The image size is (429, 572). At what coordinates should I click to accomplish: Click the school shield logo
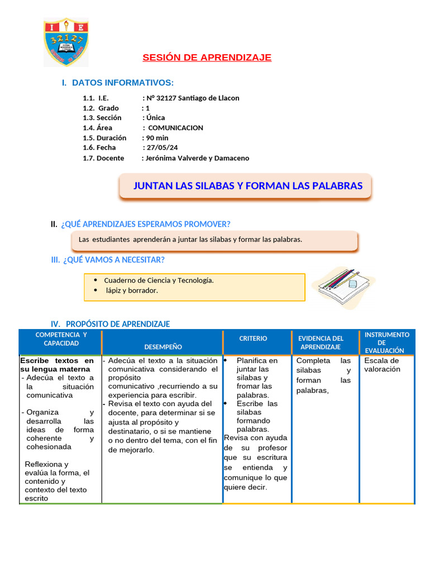[66, 42]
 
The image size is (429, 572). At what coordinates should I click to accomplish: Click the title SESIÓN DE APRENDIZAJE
[207, 58]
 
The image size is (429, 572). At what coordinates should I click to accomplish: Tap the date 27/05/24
[163, 147]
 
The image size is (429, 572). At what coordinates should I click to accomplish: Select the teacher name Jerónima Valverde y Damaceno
[197, 158]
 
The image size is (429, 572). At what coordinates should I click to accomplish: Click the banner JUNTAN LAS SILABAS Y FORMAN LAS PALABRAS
[247, 186]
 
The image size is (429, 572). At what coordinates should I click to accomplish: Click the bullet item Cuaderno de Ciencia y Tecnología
[159, 280]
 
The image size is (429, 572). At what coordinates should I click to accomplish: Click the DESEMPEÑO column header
[163, 347]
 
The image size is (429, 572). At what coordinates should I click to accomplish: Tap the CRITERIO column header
[253, 339]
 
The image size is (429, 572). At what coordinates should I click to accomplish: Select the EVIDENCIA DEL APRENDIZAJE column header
[321, 342]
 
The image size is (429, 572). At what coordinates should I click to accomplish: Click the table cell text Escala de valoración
[382, 365]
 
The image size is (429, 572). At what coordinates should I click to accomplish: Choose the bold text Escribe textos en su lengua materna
[56, 365]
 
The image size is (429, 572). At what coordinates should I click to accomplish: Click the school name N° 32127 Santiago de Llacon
[193, 98]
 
